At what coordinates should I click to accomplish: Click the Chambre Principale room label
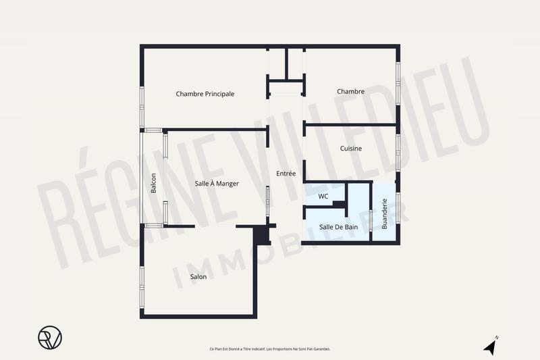click(205, 94)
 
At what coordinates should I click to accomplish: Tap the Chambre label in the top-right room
click(351, 92)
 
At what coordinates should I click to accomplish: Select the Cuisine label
click(351, 149)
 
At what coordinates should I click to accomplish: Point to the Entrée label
click(286, 174)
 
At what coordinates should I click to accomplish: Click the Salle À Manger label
click(217, 183)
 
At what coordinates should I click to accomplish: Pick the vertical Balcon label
click(154, 184)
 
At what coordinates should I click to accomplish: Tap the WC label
click(323, 197)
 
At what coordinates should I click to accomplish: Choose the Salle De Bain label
click(338, 227)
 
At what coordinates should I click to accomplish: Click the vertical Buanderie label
click(385, 213)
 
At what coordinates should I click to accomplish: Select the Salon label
click(198, 276)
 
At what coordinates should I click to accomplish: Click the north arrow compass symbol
click(491, 346)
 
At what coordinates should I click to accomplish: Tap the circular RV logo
click(49, 337)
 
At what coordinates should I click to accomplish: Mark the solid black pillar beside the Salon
click(262, 234)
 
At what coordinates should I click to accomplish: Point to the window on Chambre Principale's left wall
click(142, 107)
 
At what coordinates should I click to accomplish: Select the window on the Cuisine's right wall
click(398, 153)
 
